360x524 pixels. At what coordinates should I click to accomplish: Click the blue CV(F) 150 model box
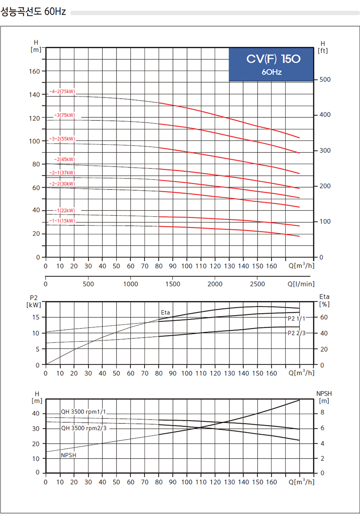[271, 64]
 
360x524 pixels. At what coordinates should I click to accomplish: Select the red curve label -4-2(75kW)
[62, 92]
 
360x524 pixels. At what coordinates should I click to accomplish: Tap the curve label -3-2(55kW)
[62, 139]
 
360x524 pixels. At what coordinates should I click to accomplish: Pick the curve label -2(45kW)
[64, 159]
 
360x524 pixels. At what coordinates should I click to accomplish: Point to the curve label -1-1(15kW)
[62, 221]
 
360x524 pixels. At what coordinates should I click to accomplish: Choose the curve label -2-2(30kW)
[62, 184]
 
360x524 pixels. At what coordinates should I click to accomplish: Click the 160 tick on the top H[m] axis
[35, 71]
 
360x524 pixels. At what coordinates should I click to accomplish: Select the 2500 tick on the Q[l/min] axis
[258, 284]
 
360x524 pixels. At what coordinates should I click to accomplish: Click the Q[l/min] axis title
[301, 284]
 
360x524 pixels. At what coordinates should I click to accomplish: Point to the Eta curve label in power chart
[166, 313]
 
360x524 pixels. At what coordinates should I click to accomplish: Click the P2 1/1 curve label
[296, 319]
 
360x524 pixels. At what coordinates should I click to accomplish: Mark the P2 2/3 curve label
[296, 333]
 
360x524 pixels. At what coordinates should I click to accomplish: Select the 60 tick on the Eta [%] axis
[324, 317]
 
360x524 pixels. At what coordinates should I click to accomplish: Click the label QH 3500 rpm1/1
[83, 412]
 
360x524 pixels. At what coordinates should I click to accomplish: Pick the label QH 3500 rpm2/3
[83, 428]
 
